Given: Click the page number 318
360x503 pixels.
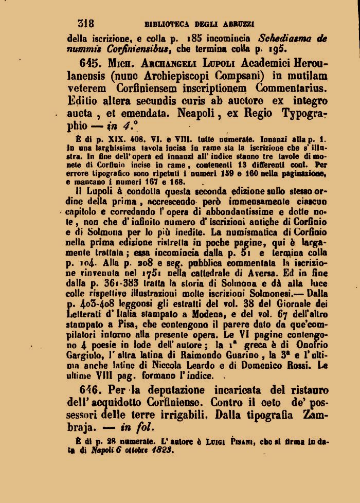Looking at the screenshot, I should tap(85, 23).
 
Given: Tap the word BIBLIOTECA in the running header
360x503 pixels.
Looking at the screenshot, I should tap(166, 24).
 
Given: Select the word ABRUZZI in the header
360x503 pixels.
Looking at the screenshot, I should tap(241, 24).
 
